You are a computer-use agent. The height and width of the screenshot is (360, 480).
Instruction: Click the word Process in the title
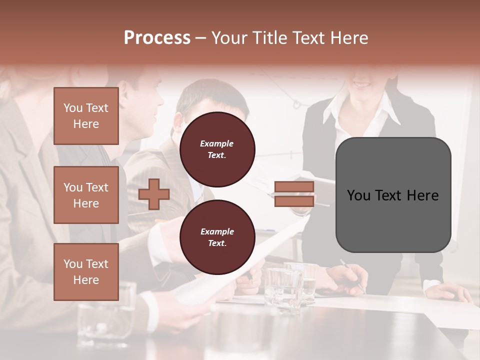tap(157, 37)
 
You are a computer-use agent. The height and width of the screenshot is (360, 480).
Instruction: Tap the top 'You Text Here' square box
tap(86, 116)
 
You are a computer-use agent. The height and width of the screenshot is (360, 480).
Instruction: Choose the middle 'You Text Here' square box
tap(86, 195)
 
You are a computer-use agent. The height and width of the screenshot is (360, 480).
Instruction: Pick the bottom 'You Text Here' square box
tap(86, 272)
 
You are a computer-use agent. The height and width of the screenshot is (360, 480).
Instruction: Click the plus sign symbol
tap(154, 194)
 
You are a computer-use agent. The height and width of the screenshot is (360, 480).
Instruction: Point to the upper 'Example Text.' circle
tap(217, 149)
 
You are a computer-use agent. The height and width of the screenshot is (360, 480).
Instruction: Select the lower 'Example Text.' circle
tap(217, 237)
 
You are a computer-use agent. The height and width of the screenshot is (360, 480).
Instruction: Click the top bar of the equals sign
tap(294, 187)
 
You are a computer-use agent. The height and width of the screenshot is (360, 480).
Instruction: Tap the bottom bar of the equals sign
tap(294, 201)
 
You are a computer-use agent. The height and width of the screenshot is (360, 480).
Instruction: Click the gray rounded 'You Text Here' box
tap(393, 195)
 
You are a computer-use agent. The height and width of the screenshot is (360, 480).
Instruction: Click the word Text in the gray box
tap(392, 195)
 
